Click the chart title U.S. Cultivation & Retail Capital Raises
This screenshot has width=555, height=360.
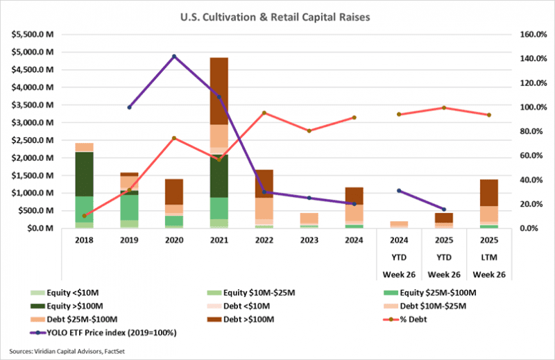[x=277, y=15]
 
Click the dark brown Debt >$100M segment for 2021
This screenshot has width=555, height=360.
[x=219, y=90]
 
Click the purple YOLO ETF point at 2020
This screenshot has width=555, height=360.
[x=174, y=56]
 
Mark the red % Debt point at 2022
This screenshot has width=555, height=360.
[x=264, y=113]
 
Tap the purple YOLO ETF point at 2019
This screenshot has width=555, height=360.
[x=129, y=107]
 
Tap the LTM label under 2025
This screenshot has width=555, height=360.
[x=490, y=257]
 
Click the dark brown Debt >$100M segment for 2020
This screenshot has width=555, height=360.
[x=174, y=191]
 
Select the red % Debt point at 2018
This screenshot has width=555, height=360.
[x=84, y=216]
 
